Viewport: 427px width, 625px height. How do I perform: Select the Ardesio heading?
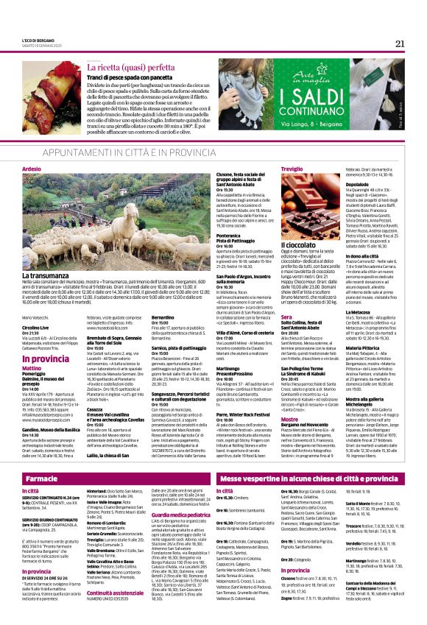click(32, 169)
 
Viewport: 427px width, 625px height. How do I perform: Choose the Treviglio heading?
click(293, 169)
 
